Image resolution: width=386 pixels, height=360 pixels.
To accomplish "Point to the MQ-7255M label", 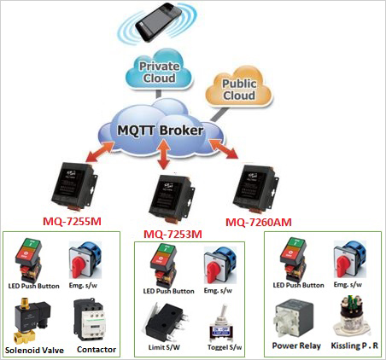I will [x=73, y=220].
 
